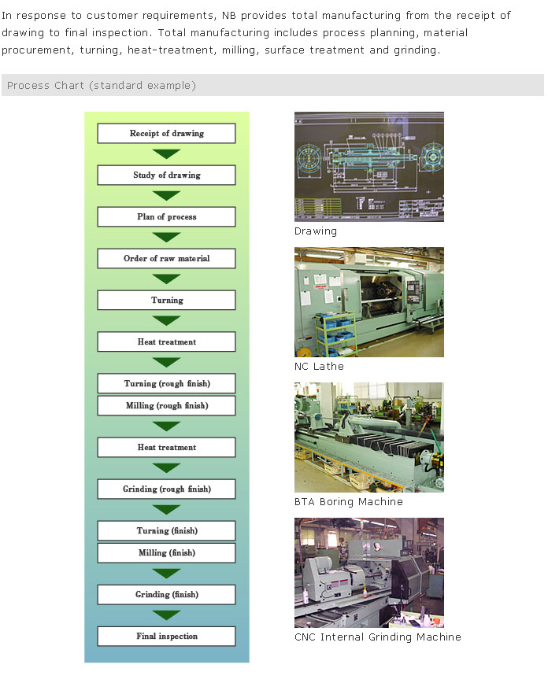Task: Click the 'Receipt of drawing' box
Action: click(166, 134)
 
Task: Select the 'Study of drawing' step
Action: click(166, 175)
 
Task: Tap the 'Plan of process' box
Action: click(166, 217)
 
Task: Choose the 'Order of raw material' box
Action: click(166, 259)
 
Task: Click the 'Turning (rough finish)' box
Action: click(166, 384)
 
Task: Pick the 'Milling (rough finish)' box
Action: click(166, 406)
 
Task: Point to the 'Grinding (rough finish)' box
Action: click(166, 489)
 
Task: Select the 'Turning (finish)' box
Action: click(166, 531)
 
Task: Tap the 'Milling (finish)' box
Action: click(166, 553)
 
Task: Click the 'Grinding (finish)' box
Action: click(166, 595)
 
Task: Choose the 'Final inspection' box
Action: click(166, 637)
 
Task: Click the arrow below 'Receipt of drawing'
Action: click(166, 154)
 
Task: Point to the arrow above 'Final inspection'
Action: click(166, 615)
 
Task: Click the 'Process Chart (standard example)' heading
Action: click(102, 85)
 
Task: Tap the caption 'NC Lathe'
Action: click(319, 366)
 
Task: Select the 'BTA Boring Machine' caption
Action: click(348, 501)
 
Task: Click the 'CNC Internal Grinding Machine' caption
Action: click(377, 637)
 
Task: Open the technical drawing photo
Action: click(368, 166)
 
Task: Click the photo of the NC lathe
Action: click(368, 302)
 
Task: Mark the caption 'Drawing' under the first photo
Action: click(315, 231)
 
